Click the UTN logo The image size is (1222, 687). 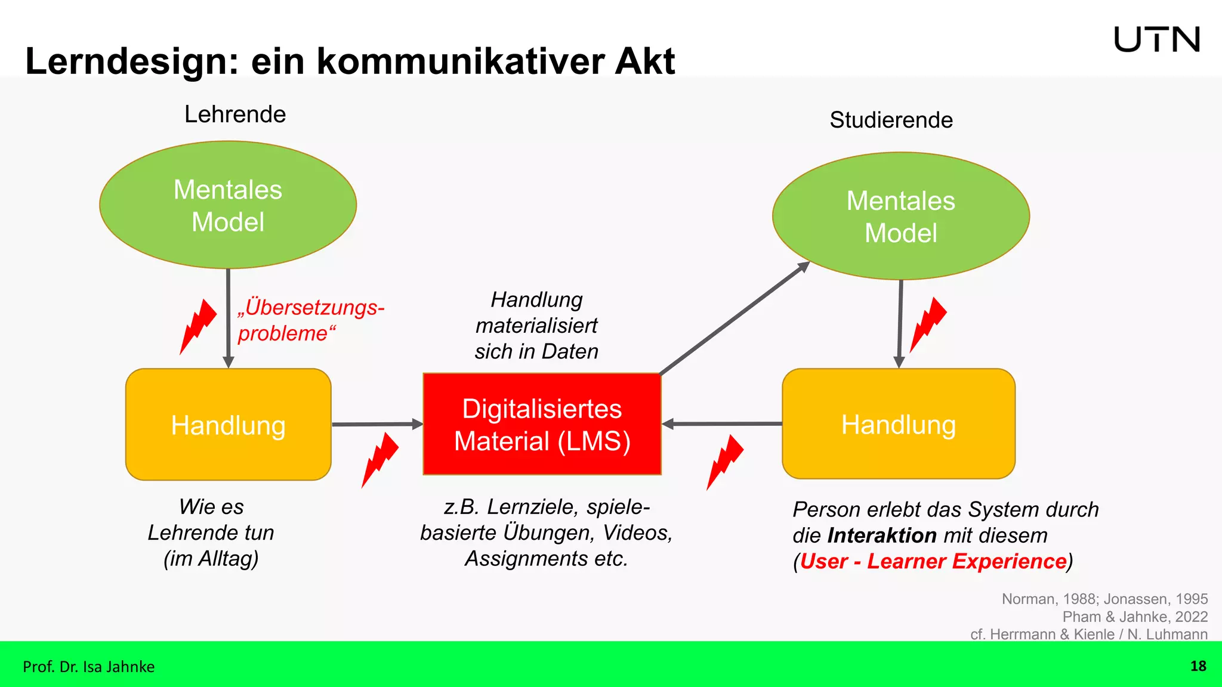(1156, 39)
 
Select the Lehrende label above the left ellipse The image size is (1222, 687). (234, 114)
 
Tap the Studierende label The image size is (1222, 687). (891, 120)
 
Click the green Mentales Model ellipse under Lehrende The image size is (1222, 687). (228, 205)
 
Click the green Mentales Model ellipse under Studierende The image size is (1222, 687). (900, 216)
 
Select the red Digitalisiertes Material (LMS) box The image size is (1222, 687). (542, 424)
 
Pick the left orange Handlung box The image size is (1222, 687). (228, 425)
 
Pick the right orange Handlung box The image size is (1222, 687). (898, 424)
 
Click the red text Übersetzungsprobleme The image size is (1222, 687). (310, 320)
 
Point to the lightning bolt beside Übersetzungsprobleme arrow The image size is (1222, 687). (198, 326)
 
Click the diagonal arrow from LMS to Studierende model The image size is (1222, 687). (734, 318)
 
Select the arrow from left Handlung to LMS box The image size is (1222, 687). (377, 424)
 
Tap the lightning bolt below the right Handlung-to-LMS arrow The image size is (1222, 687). (724, 462)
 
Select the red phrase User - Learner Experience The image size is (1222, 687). (933, 561)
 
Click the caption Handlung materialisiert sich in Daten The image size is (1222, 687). (536, 326)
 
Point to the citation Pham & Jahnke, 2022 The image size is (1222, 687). (1134, 617)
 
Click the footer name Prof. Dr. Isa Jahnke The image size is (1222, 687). (88, 667)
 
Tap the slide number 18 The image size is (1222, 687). (1198, 666)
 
